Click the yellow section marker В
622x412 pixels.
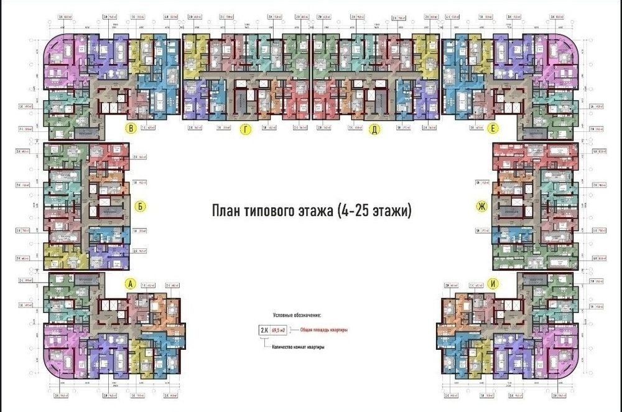click(x=131, y=129)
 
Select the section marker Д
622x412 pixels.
click(x=374, y=129)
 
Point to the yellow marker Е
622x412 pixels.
click(x=493, y=129)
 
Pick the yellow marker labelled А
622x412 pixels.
click(x=131, y=284)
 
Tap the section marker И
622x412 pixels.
click(x=493, y=284)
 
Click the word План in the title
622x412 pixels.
click(x=228, y=211)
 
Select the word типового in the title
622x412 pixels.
click(x=271, y=211)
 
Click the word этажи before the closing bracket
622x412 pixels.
click(x=392, y=211)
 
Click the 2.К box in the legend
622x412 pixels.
click(x=265, y=330)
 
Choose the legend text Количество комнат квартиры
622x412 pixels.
click(x=299, y=347)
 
